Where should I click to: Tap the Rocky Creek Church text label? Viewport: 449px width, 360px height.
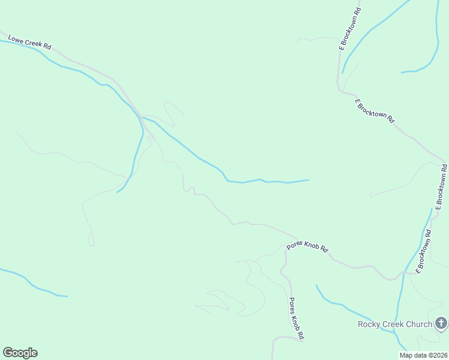[x=394, y=325]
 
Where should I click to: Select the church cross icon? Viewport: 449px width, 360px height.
[x=441, y=325]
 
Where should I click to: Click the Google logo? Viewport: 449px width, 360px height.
[x=20, y=353]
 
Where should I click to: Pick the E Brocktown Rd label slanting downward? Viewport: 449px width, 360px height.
[x=375, y=111]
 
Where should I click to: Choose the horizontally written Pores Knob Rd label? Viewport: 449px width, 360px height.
[x=308, y=247]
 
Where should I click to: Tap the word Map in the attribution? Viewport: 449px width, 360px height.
[x=406, y=355]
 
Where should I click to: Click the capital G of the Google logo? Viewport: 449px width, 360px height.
[x=8, y=353]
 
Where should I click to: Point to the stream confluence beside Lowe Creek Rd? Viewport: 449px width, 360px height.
[x=142, y=118]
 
